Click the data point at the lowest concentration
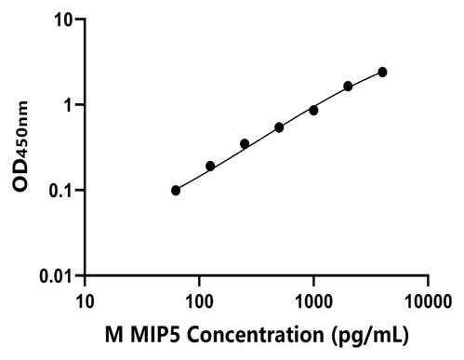[x=176, y=191]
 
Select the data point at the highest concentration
[x=382, y=73]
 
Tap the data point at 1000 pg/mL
[x=313, y=111]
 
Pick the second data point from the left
[x=210, y=167]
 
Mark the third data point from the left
[x=245, y=144]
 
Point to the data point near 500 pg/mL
[x=279, y=127]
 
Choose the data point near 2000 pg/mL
[x=348, y=87]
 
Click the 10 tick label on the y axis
[x=64, y=20]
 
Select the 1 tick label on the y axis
[x=68, y=106]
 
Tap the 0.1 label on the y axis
[x=60, y=192]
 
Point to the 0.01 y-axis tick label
[x=56, y=276]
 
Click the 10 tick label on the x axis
[x=85, y=301]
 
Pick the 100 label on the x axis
[x=199, y=301]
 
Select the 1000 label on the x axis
[x=313, y=301]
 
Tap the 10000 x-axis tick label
[x=429, y=301]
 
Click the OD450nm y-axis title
[x=20, y=146]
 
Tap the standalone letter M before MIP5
[x=114, y=335]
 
